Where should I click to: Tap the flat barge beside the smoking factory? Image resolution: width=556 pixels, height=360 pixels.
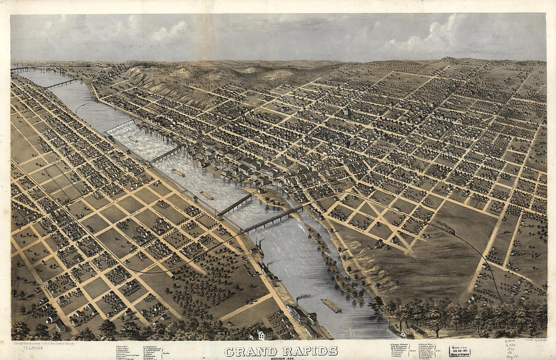pyautogui.click(x=331, y=305)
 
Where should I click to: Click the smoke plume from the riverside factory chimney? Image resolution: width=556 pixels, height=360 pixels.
pyautogui.click(x=303, y=297)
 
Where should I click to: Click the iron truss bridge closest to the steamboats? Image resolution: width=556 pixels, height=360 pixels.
pyautogui.click(x=273, y=218)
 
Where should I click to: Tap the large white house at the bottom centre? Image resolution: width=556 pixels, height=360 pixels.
pyautogui.click(x=265, y=333)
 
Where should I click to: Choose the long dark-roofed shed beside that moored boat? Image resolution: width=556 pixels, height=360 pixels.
pyautogui.click(x=418, y=331)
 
